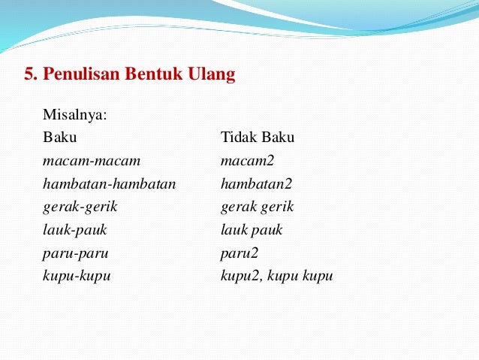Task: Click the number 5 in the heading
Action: pyautogui.click(x=29, y=75)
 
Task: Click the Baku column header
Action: pyautogui.click(x=59, y=138)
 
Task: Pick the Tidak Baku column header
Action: pyautogui.click(x=258, y=138)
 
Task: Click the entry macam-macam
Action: pyautogui.click(x=91, y=161)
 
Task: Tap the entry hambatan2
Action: pyautogui.click(x=256, y=183)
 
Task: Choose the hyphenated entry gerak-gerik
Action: pyautogui.click(x=80, y=207)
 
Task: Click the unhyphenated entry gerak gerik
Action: pyautogui.click(x=258, y=207)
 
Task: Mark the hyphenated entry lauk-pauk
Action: pyautogui.click(x=75, y=230)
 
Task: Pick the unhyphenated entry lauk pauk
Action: pyautogui.click(x=252, y=230)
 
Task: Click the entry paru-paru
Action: pyautogui.click(x=75, y=253)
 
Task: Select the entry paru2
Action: pyautogui.click(x=239, y=253)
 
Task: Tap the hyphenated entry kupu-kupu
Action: pyautogui.click(x=77, y=276)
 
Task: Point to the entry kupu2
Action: pyautogui.click(x=239, y=276)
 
